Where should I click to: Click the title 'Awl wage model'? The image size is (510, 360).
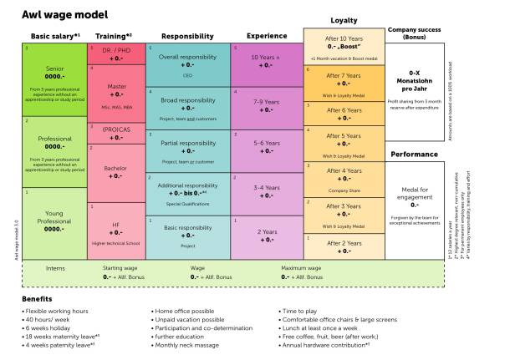click(x=62, y=15)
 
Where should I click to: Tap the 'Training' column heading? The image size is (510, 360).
click(x=115, y=36)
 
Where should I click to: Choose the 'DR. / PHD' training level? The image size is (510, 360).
click(x=116, y=50)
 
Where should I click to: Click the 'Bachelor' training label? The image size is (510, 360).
click(x=116, y=168)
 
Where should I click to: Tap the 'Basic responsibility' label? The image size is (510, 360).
click(x=187, y=227)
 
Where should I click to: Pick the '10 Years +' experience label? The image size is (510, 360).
click(x=266, y=57)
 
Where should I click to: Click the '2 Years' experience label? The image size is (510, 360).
click(x=266, y=231)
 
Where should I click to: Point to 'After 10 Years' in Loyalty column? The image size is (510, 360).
click(x=344, y=38)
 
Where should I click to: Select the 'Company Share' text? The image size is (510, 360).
click(x=344, y=190)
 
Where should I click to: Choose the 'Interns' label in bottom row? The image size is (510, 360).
click(x=54, y=268)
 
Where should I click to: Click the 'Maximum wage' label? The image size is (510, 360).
click(x=301, y=268)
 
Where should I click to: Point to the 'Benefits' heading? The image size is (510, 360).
click(x=38, y=298)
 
